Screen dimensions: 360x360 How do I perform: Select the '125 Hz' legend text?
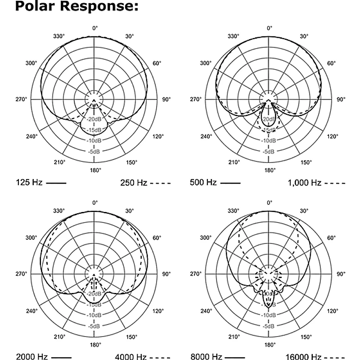tap(29, 183)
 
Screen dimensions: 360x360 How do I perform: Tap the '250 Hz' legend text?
tap(134, 183)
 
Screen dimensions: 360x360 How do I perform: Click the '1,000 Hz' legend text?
tap(304, 183)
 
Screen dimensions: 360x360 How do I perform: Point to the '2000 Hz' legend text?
tap(32, 357)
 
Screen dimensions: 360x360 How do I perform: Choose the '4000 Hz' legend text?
tap(131, 357)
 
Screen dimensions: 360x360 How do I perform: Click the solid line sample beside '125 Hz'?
tap(56, 183)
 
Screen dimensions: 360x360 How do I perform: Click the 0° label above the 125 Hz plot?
tap(94, 28)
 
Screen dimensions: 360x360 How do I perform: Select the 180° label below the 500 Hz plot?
tap(269, 170)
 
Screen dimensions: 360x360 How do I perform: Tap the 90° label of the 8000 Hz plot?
tap(342, 274)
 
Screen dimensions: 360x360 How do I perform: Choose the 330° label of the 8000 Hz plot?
tap(233, 211)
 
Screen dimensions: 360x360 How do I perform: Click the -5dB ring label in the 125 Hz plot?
tap(94, 152)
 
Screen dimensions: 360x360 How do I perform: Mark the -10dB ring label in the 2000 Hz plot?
tap(94, 315)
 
